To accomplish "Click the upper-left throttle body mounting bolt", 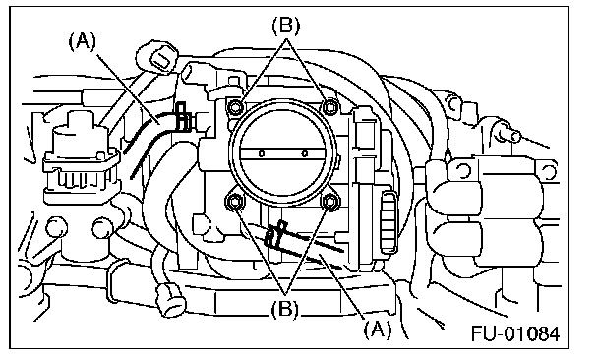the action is [x=234, y=107].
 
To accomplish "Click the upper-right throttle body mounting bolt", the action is [x=329, y=107].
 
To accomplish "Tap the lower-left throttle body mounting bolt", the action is [x=233, y=201].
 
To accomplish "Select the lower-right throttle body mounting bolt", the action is [x=329, y=201].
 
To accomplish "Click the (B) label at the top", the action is [x=285, y=26].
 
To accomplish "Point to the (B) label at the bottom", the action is [x=285, y=309].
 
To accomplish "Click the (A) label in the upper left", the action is [x=83, y=40].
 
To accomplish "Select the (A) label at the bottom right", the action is [x=377, y=330].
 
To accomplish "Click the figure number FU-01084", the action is [x=515, y=333].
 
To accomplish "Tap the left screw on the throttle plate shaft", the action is [x=262, y=153].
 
